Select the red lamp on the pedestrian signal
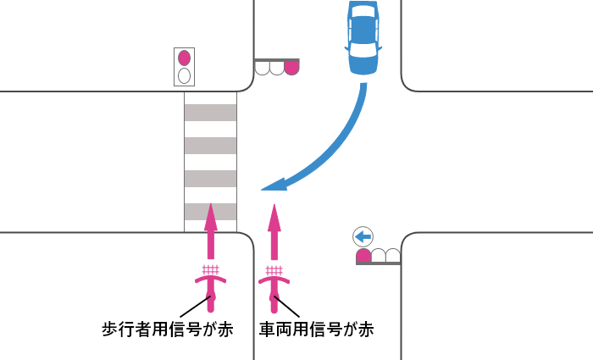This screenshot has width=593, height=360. point(184,58)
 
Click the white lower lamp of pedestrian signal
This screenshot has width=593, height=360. point(184,75)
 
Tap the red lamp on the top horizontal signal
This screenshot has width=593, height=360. point(291,68)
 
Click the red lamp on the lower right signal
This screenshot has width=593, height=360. point(363,255)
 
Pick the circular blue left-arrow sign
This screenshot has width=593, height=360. point(363,236)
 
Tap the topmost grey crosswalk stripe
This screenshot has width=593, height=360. point(210,112)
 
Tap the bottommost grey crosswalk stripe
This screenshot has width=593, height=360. point(210,211)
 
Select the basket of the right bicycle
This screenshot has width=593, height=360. point(274,270)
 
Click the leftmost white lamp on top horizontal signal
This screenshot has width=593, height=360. point(263,68)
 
